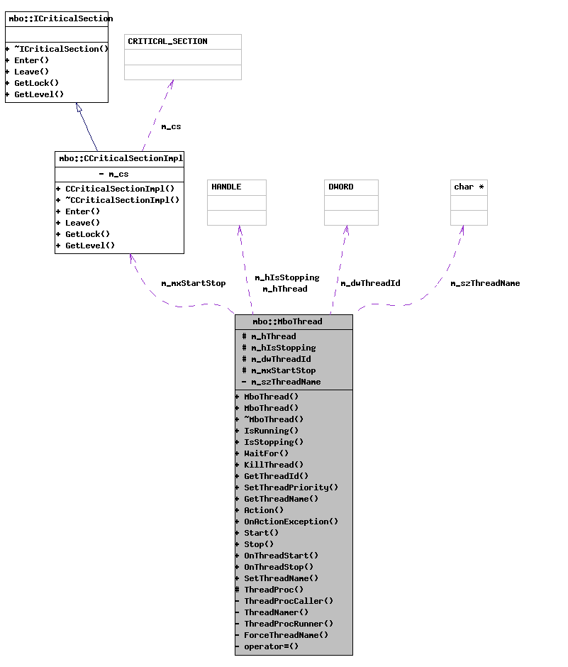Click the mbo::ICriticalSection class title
pyautogui.click(x=57, y=18)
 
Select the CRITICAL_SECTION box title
pyautogui.click(x=167, y=41)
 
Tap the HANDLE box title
pyautogui.click(x=226, y=187)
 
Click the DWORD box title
pyautogui.click(x=340, y=187)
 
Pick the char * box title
pyautogui.click(x=469, y=187)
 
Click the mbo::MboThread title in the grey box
pyautogui.click(x=287, y=321)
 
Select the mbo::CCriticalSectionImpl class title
pyautogui.click(x=120, y=158)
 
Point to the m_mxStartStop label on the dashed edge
pyautogui.click(x=193, y=283)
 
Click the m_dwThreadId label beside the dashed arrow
pyautogui.click(x=370, y=283)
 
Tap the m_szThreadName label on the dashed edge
pyautogui.click(x=485, y=283)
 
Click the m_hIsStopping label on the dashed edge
pyautogui.click(x=287, y=277)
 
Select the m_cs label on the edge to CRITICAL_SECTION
pyautogui.click(x=171, y=126)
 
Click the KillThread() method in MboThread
pyautogui.click(x=274, y=465)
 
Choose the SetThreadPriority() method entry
pyautogui.click(x=291, y=487)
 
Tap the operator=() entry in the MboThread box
pyautogui.click(x=271, y=646)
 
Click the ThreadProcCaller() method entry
pyautogui.click(x=288, y=601)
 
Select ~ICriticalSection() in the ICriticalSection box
pyautogui.click(x=61, y=49)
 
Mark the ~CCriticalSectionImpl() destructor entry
pyautogui.click(x=122, y=200)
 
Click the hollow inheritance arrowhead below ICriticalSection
pyautogui.click(x=79, y=108)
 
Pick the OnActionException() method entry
pyautogui.click(x=291, y=522)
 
